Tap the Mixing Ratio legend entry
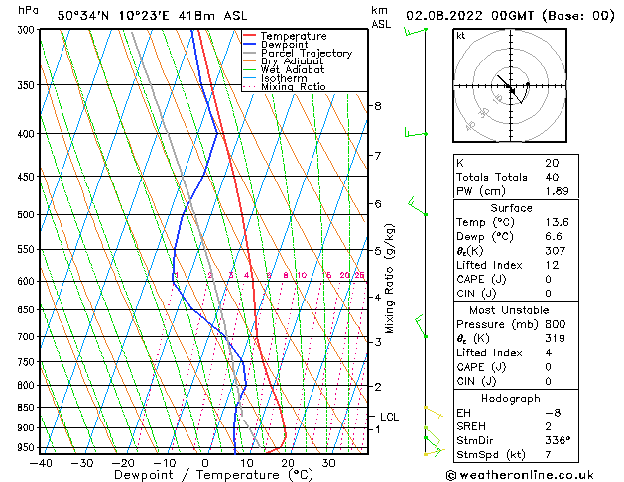[x=293, y=87]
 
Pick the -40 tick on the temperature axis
[x=41, y=463]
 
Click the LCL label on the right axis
[x=390, y=417]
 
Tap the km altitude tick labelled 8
[x=377, y=106]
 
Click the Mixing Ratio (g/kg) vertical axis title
[x=391, y=278]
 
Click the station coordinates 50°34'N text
[x=85, y=16]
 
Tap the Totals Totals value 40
[x=551, y=177]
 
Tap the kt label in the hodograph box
[x=460, y=35]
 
